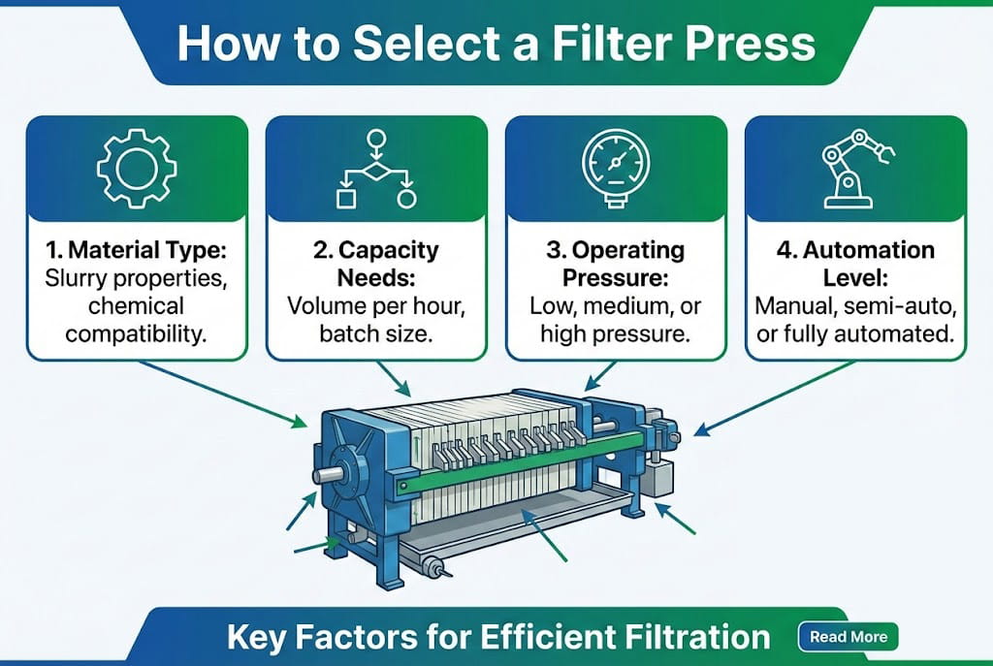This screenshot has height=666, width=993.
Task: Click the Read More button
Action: click(848, 637)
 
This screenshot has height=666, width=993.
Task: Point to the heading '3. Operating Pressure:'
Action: click(613, 265)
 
